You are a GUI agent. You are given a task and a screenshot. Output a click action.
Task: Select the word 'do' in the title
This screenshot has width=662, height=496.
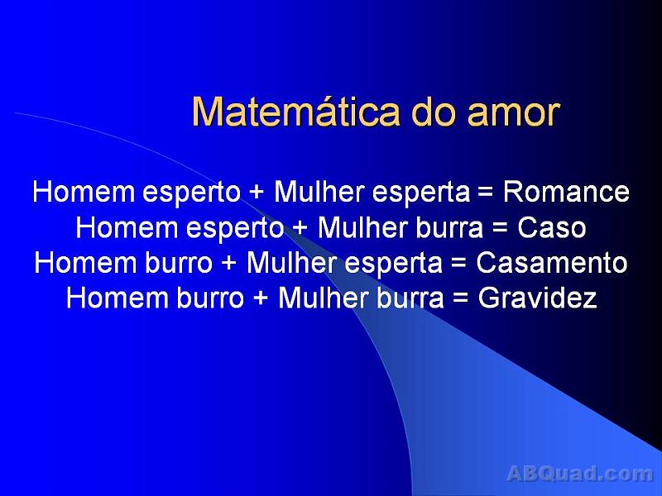[433, 112]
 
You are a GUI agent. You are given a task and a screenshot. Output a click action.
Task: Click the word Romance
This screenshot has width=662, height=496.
[566, 193]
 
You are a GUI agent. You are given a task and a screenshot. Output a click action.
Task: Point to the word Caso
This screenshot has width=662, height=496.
[552, 227]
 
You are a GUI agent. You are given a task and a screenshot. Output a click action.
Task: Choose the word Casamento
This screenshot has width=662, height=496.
[552, 263]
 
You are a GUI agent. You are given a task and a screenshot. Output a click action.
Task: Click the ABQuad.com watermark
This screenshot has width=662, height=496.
[579, 474]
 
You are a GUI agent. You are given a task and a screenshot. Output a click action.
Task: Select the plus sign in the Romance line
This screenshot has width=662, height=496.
[257, 193]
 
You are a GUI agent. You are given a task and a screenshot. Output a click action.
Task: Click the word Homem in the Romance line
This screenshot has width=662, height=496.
[84, 193]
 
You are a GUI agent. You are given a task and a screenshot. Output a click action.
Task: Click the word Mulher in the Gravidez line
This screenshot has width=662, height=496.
[323, 298]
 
